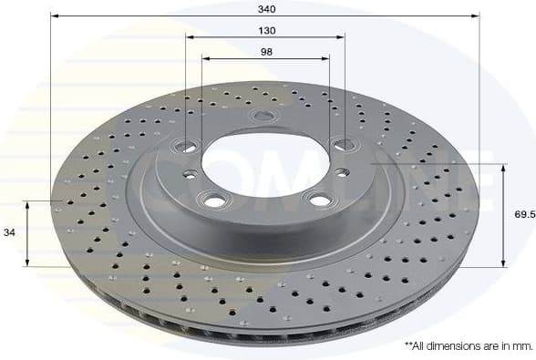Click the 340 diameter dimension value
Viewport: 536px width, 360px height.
[x=265, y=8]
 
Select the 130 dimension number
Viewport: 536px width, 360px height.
[x=265, y=30]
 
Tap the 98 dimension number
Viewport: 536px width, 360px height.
[x=265, y=51]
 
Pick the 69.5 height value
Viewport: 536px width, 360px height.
[x=523, y=216]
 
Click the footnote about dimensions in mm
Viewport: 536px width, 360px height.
[x=468, y=346]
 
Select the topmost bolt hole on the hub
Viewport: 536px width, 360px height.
[x=264, y=116]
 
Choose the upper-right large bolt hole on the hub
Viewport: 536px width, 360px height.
[x=342, y=143]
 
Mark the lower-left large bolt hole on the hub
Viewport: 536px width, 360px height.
[x=214, y=201]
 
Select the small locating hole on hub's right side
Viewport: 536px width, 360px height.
[x=340, y=172]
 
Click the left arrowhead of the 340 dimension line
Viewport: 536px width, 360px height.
[x=54, y=16]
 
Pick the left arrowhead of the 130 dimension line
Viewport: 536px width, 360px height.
[x=189, y=37]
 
